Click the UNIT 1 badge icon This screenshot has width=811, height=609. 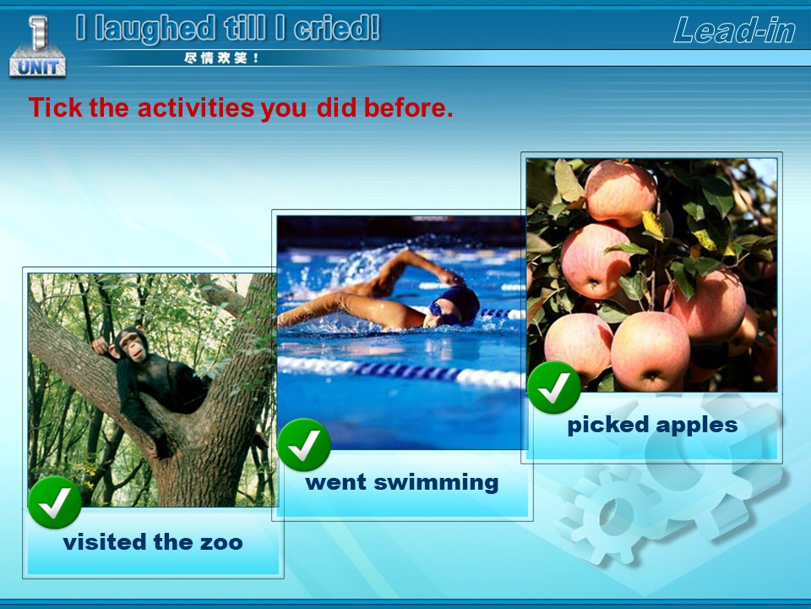pyautogui.click(x=37, y=47)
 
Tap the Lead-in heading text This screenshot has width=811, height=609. pyautogui.click(x=734, y=30)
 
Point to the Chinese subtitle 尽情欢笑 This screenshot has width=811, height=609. pyautogui.click(x=221, y=58)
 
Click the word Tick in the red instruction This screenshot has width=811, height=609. pyautogui.click(x=56, y=107)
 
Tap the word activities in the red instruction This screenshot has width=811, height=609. pyautogui.click(x=196, y=107)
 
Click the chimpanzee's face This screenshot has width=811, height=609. pyautogui.click(x=134, y=346)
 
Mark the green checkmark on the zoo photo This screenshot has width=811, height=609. pyautogui.click(x=55, y=502)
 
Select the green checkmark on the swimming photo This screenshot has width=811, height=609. pyautogui.click(x=304, y=445)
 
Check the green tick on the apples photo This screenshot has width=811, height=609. pyautogui.click(x=554, y=387)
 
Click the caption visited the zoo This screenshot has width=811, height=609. pyautogui.click(x=153, y=542)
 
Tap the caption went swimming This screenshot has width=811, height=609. pyautogui.click(x=402, y=482)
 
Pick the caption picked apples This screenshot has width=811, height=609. pyautogui.click(x=652, y=425)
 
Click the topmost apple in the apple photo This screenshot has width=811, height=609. pyautogui.click(x=621, y=193)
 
